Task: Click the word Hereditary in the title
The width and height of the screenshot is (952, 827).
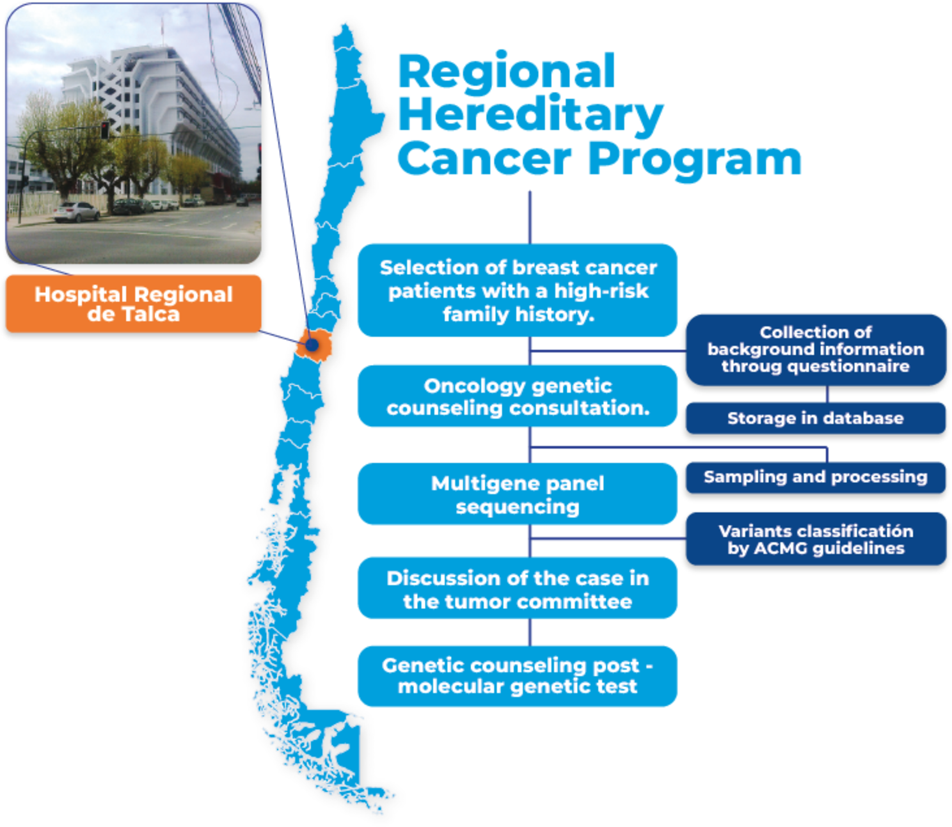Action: pyautogui.click(x=530, y=116)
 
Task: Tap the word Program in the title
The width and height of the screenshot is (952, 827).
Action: pyautogui.click(x=695, y=161)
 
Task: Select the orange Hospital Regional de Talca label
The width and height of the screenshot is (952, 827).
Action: pyautogui.click(x=134, y=304)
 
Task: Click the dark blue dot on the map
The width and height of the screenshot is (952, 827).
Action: pyautogui.click(x=312, y=345)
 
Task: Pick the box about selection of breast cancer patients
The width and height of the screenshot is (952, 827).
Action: pyautogui.click(x=518, y=290)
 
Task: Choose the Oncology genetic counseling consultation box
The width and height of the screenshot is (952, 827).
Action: pyautogui.click(x=518, y=397)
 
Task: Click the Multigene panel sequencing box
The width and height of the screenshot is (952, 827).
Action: pyautogui.click(x=518, y=494)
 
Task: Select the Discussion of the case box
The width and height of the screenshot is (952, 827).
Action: pyautogui.click(x=518, y=588)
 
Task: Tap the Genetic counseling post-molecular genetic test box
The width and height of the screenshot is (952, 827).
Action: pyautogui.click(x=518, y=676)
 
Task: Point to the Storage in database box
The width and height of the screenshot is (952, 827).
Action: pyautogui.click(x=816, y=418)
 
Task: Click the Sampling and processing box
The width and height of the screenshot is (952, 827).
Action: pyautogui.click(x=816, y=477)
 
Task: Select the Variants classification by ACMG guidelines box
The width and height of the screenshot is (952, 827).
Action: pyautogui.click(x=816, y=539)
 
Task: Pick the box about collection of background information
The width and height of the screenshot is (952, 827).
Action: pyautogui.click(x=816, y=350)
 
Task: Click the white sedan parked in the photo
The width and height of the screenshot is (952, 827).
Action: pyautogui.click(x=76, y=212)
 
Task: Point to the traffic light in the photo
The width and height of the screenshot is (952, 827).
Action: pyautogui.click(x=105, y=130)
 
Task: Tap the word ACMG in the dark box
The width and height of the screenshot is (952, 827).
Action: pyautogui.click(x=781, y=548)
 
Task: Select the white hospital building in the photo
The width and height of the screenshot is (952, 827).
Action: pyautogui.click(x=154, y=116)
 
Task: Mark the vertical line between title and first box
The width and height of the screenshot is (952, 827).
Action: pyautogui.click(x=530, y=217)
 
